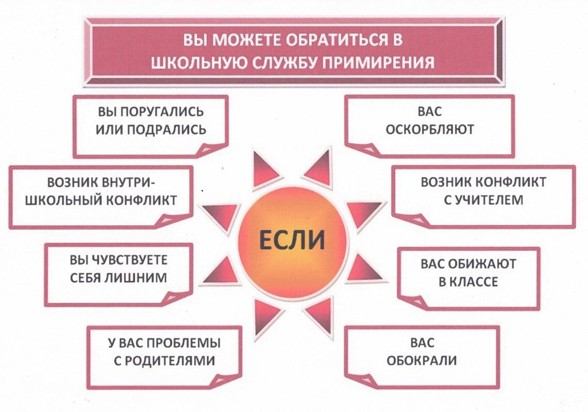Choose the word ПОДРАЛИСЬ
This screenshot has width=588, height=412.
[167, 130]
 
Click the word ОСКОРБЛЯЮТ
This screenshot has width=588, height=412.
[430, 130]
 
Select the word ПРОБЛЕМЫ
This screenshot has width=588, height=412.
[183, 343]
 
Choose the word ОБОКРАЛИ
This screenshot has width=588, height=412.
[422, 360]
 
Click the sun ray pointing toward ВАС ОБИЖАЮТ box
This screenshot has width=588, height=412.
[362, 269]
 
